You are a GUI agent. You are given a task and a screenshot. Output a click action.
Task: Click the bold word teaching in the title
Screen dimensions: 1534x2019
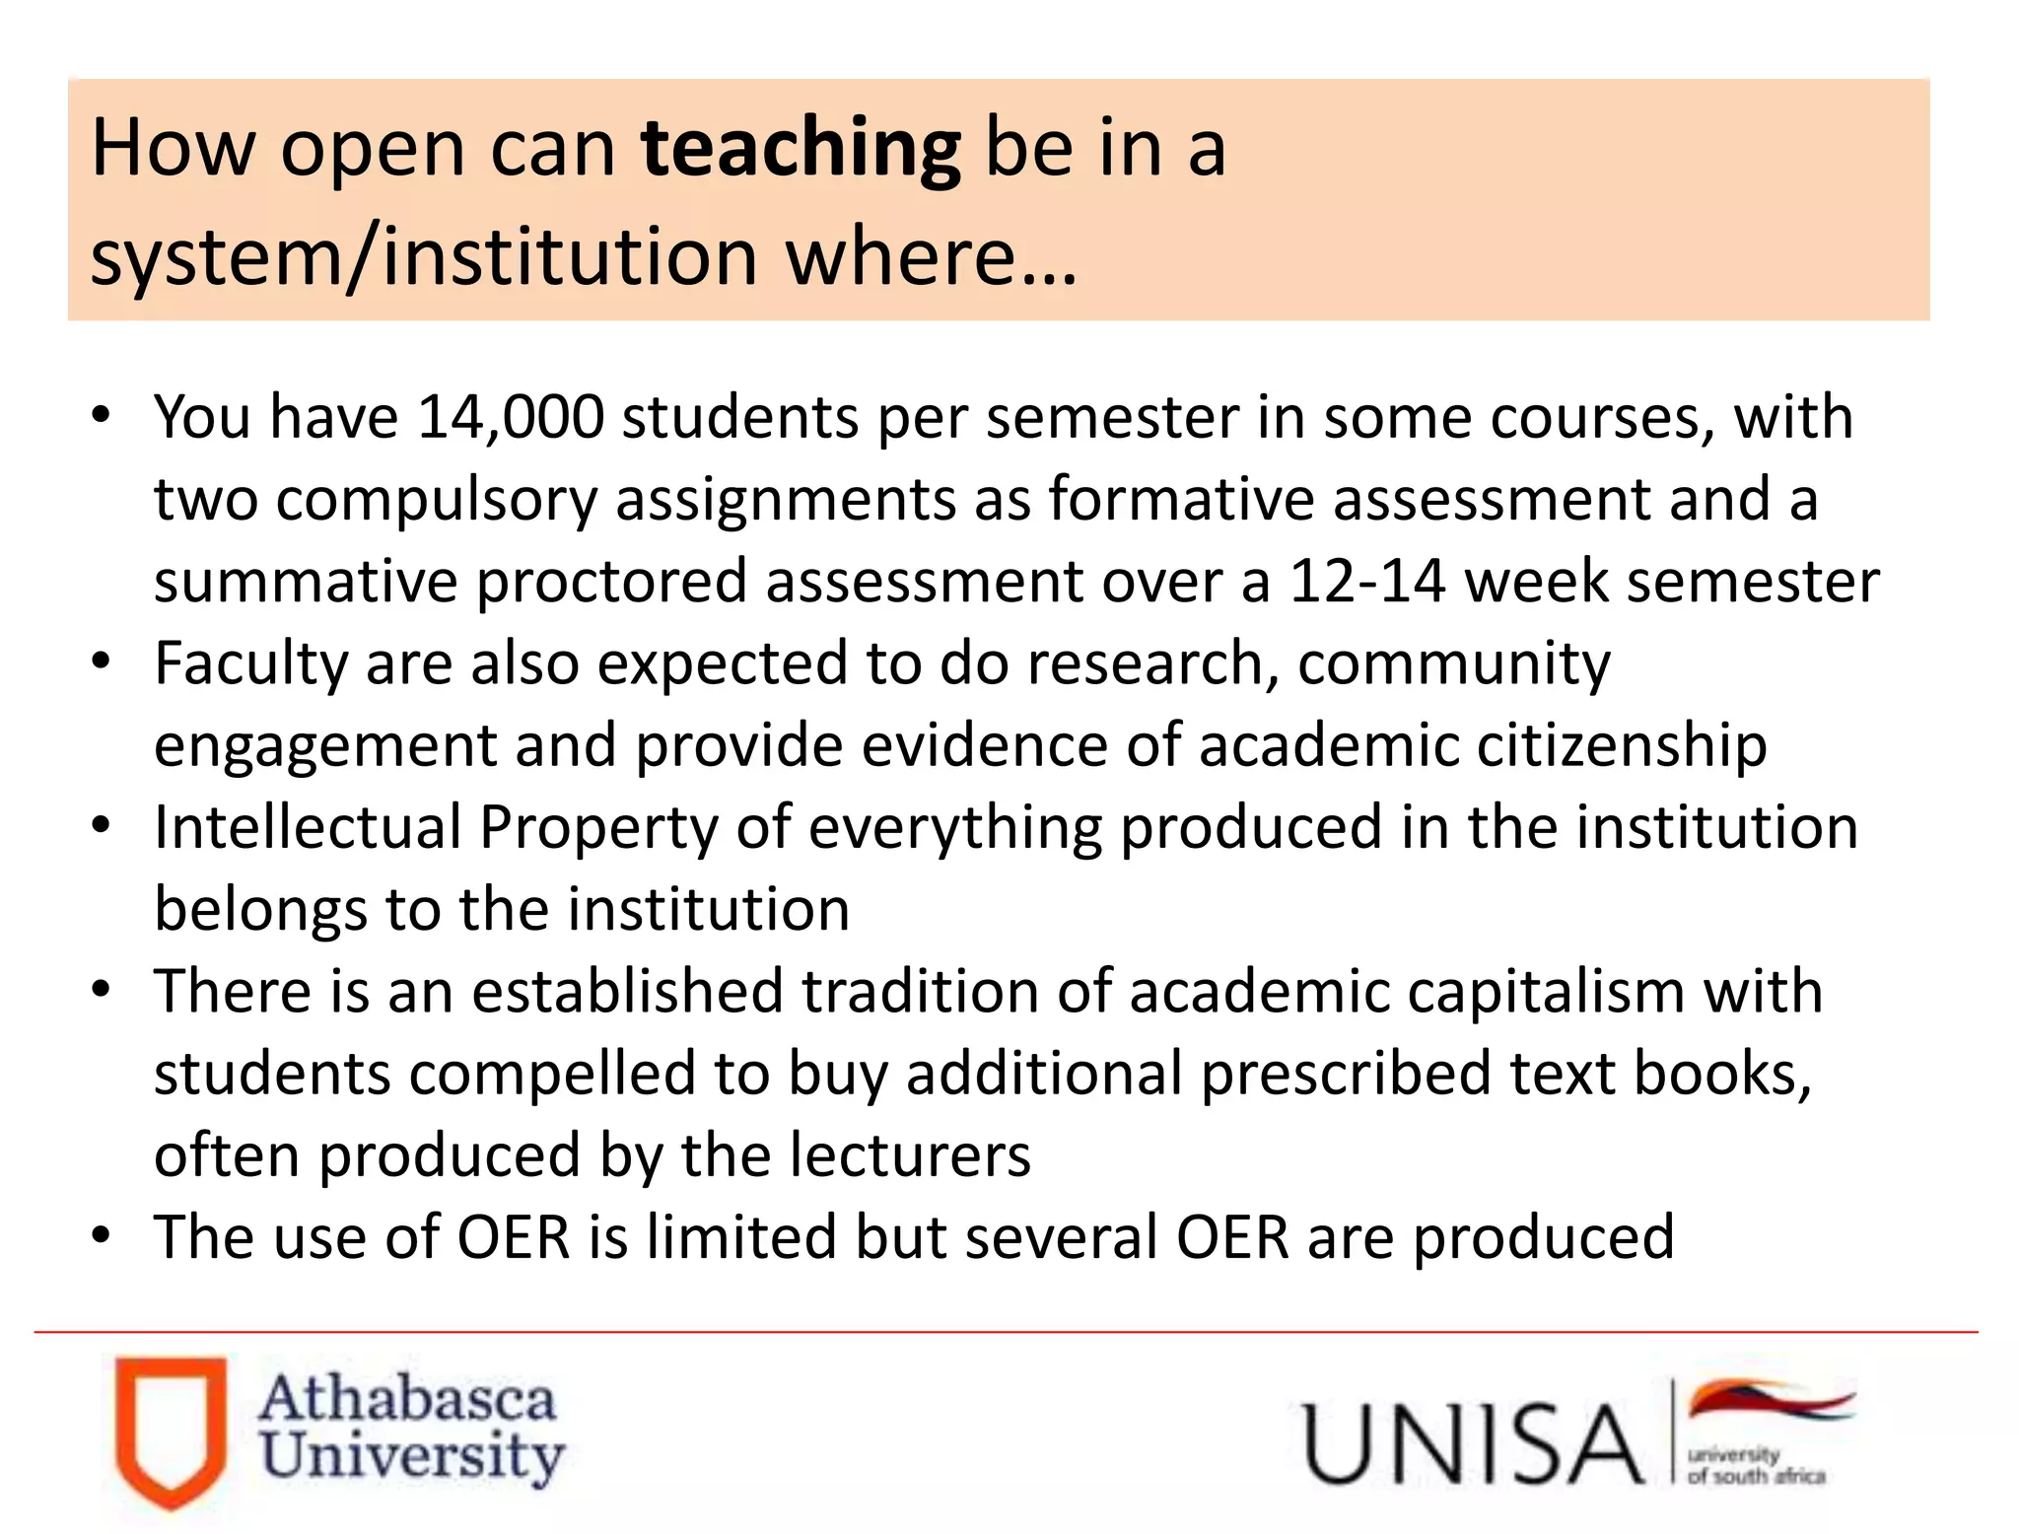point(801,149)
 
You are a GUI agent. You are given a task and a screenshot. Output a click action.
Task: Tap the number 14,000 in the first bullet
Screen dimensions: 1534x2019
point(510,417)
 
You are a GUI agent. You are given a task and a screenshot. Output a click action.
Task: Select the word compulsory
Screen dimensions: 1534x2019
point(437,500)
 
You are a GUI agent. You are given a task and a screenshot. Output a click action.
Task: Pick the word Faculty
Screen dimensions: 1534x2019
point(251,663)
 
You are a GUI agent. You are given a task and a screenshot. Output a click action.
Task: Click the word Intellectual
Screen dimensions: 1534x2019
point(308,827)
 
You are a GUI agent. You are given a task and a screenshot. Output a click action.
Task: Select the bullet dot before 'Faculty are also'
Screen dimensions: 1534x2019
point(101,662)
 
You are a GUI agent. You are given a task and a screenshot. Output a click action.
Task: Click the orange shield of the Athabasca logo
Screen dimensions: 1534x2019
point(171,1430)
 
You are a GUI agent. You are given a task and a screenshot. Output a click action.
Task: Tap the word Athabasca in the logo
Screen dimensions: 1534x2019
point(407,1400)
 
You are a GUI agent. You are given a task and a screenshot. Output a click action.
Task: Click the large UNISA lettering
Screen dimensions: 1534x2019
point(1473,1443)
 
